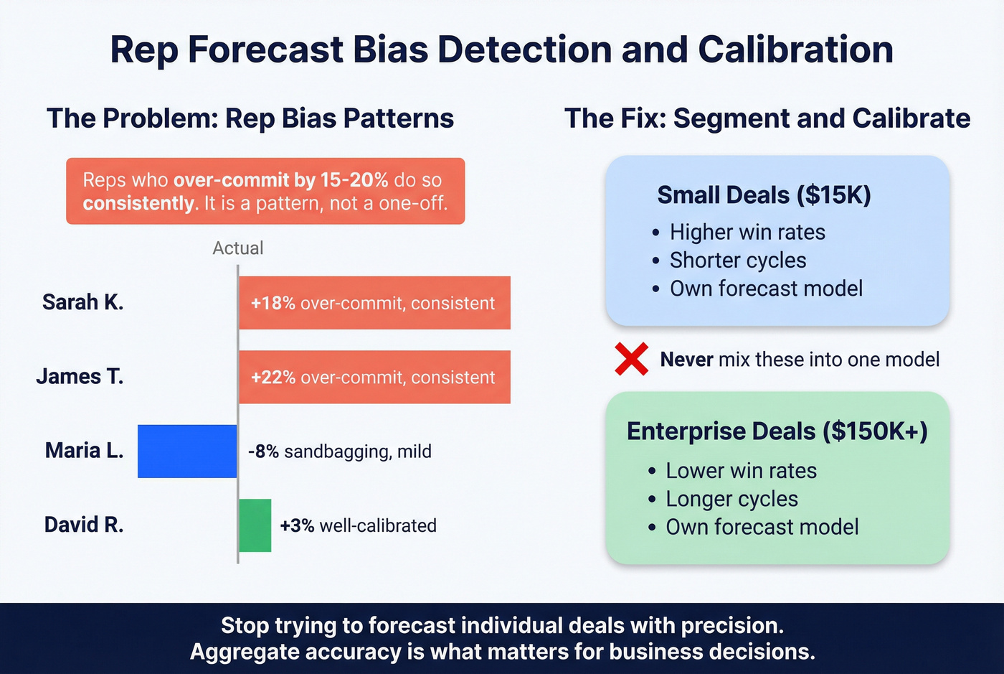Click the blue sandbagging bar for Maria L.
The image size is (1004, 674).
point(187,451)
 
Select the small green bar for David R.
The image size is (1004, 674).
point(255,525)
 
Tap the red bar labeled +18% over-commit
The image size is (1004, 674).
point(374,303)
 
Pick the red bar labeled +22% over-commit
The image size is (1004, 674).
point(374,377)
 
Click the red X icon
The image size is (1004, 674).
point(632,359)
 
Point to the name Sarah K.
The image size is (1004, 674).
point(82,302)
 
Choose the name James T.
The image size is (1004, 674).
point(80,376)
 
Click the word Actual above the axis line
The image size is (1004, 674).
point(238,248)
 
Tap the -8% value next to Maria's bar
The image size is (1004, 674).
point(263,451)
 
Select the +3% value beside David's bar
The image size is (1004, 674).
point(297,525)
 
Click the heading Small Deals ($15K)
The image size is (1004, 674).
point(764,195)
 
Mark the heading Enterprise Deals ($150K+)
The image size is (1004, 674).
point(777,431)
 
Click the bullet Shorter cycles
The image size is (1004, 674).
point(737,261)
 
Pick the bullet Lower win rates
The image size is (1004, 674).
point(741,471)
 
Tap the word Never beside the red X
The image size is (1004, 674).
point(686,360)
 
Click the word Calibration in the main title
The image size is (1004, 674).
point(795,50)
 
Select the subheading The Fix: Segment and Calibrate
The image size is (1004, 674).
point(767,118)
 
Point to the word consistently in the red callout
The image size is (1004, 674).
point(138,204)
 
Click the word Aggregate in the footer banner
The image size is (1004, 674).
point(245,652)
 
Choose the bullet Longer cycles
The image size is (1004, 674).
point(731,499)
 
